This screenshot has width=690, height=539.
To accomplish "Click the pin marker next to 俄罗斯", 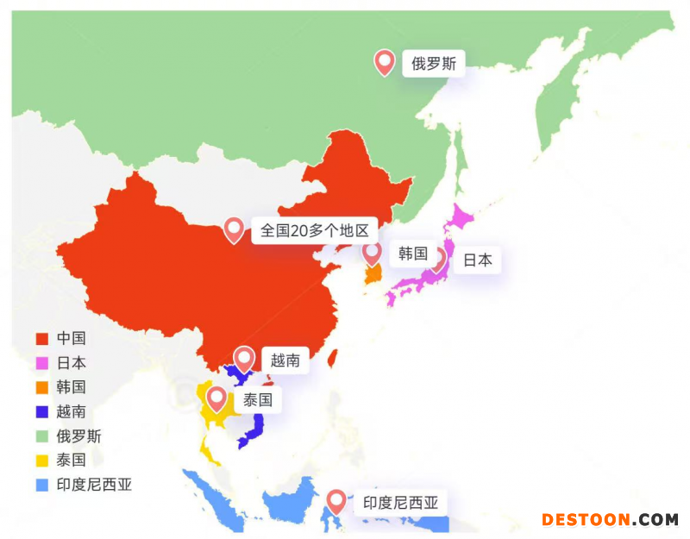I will click(x=384, y=61).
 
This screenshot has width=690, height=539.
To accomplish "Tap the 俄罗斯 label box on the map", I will click(x=433, y=63).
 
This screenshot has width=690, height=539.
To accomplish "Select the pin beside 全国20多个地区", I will click(x=234, y=229).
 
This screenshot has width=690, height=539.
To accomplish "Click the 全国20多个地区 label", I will click(x=314, y=230).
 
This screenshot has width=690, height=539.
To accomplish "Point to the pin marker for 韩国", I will click(x=372, y=253).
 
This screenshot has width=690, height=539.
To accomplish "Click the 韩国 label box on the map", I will click(x=413, y=254).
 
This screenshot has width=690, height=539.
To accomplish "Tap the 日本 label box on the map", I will click(x=477, y=260).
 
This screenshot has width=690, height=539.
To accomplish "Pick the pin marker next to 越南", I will click(x=244, y=359).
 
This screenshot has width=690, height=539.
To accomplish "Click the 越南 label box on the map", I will click(x=285, y=360).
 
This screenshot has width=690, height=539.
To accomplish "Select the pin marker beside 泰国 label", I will click(x=216, y=398).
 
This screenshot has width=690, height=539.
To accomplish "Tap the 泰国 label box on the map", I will click(x=257, y=400).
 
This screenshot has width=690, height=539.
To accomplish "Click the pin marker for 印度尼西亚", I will click(x=336, y=501).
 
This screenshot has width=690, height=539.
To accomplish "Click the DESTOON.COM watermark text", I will click(x=610, y=519).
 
